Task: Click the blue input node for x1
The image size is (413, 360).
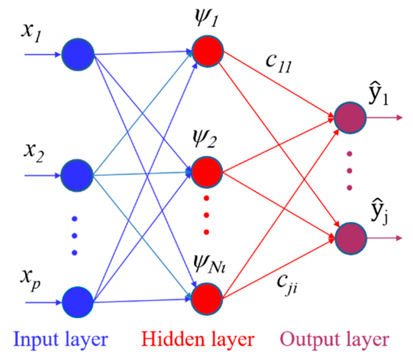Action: pos(77,54)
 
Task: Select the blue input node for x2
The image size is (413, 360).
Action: pos(77,175)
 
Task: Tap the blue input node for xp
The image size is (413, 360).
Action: pos(77,302)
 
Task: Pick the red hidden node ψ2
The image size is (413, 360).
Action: pos(207,172)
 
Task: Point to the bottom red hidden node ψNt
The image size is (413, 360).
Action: pos(207,298)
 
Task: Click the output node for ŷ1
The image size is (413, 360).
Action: pos(350,117)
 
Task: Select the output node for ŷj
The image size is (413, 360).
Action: pos(351,238)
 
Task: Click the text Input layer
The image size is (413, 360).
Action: pos(60,340)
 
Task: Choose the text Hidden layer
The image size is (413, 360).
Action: pos(198,340)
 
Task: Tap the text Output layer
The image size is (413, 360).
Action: pos(335,340)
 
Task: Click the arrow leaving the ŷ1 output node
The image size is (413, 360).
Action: pos(384,117)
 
